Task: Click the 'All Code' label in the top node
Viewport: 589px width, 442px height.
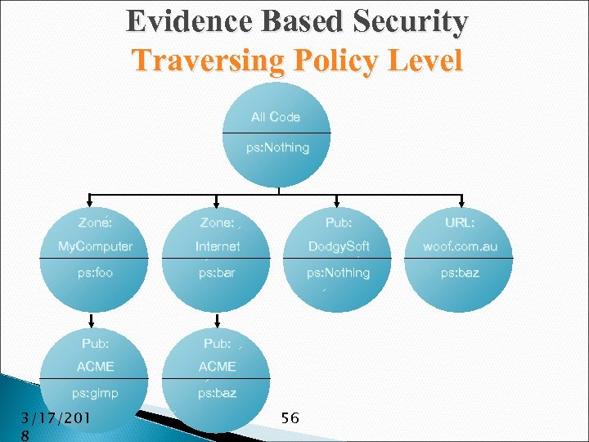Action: point(276,117)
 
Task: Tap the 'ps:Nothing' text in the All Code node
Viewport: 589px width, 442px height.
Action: point(278,148)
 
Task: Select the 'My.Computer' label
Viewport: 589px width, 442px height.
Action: point(95,246)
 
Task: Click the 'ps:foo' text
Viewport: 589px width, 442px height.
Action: point(95,273)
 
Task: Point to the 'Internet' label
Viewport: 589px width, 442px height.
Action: point(218,246)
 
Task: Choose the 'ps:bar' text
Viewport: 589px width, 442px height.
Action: point(217,273)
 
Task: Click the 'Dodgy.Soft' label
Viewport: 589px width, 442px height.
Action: point(339,246)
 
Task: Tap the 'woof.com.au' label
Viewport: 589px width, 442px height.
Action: point(460,246)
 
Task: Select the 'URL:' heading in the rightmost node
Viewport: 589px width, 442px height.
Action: point(460,222)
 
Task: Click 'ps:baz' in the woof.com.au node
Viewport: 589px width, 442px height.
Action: point(460,273)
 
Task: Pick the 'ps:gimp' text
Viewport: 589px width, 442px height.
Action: point(95,393)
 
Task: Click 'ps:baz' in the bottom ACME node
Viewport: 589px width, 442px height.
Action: point(217,393)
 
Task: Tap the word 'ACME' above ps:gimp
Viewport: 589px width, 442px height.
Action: point(95,367)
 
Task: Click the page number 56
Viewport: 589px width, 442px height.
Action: point(290,418)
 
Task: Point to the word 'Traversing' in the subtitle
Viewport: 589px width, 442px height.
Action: point(201,61)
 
